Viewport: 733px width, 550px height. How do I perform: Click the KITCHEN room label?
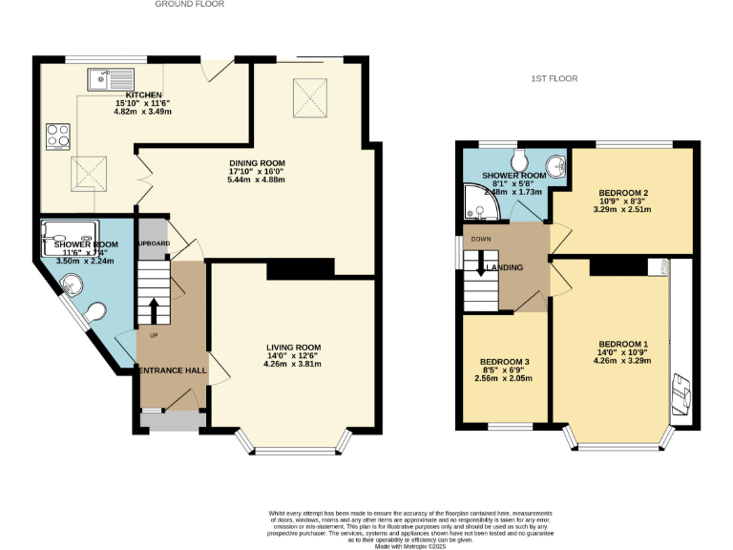coord(130,95)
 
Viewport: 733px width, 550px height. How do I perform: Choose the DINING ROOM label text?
coord(256,163)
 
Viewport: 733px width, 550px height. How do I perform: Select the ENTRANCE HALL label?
coord(173,370)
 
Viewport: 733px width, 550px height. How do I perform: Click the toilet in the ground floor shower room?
coord(94,313)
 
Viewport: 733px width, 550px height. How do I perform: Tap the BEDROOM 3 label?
coord(505,362)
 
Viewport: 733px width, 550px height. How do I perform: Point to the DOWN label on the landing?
coord(479,240)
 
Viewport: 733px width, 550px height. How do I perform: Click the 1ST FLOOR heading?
coord(555,79)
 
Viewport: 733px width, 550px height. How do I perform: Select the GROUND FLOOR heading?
coord(190,5)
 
